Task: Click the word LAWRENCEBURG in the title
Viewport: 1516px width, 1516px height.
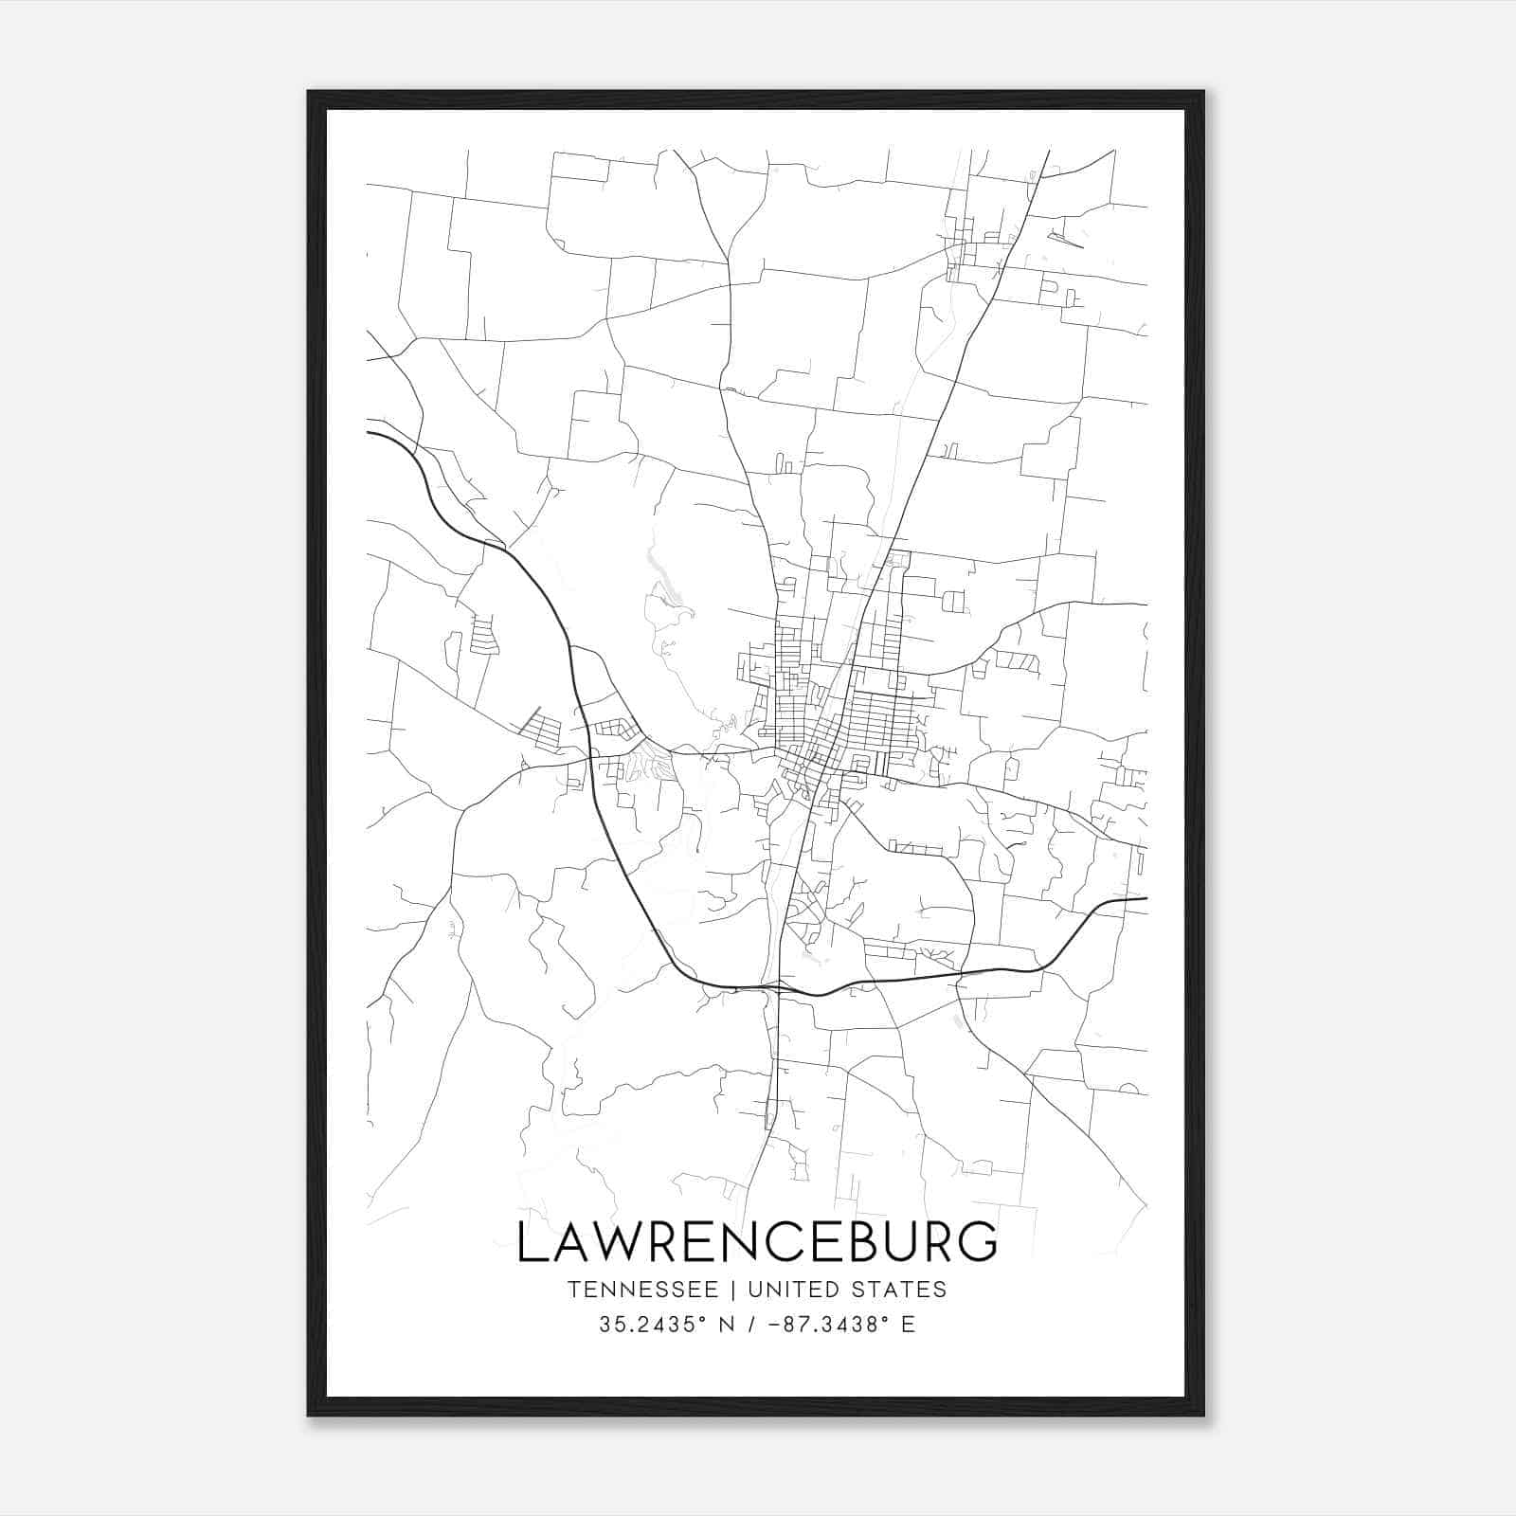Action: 757,1242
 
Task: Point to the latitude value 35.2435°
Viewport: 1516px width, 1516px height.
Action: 653,1325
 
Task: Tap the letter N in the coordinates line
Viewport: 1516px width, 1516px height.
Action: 728,1325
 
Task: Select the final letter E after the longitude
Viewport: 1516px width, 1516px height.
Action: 909,1325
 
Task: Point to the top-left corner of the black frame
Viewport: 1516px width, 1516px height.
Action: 310,93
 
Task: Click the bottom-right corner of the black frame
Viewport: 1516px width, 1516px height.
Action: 1202,1415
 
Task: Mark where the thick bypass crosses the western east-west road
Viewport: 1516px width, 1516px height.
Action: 591,756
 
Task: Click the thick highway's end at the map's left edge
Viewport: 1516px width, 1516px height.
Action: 369,433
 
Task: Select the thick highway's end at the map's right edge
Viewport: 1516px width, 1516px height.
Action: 1146,898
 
